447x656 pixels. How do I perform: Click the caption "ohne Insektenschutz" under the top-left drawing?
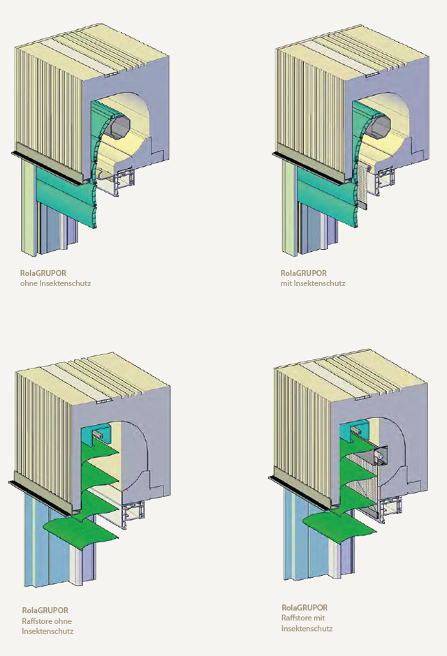click(x=55, y=283)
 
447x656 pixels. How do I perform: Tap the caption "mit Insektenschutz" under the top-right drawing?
click(x=313, y=283)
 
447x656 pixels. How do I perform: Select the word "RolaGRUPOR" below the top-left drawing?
click(x=43, y=273)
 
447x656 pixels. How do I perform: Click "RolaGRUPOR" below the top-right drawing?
click(x=303, y=273)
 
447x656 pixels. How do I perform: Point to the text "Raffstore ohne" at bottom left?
click(x=47, y=621)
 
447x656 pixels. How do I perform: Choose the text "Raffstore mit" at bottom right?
click(x=303, y=618)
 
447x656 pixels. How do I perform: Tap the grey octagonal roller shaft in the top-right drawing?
click(x=379, y=125)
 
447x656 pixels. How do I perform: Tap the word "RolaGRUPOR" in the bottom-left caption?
click(x=45, y=611)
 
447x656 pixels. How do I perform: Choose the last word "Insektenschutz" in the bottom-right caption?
click(x=307, y=628)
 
